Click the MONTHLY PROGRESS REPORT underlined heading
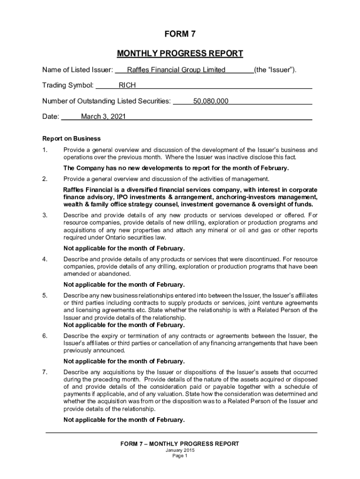[x=180, y=53]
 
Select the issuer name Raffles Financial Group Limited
[x=176, y=70]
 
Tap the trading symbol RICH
[x=127, y=86]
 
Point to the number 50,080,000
[x=211, y=101]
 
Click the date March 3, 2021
[x=103, y=116]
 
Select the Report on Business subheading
[x=72, y=138]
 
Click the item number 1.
[x=45, y=150]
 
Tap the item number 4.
[x=45, y=259]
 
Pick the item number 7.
[x=45, y=371]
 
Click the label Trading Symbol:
[x=68, y=86]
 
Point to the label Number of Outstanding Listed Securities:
[x=107, y=101]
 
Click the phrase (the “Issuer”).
[x=275, y=70]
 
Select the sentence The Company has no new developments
[x=176, y=168]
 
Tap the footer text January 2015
[x=180, y=450]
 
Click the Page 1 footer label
[x=180, y=456]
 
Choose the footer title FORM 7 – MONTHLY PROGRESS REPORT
[x=180, y=443]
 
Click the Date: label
[x=51, y=116]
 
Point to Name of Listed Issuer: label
[x=78, y=70]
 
